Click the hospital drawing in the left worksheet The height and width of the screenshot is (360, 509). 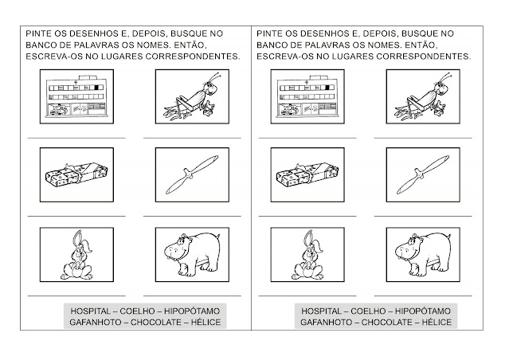[x=76, y=96]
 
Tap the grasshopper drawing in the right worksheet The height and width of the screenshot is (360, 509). [x=422, y=96]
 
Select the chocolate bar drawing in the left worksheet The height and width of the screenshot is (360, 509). [x=76, y=175]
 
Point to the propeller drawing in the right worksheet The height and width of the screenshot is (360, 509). [x=423, y=174]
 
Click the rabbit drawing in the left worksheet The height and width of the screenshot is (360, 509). [x=77, y=255]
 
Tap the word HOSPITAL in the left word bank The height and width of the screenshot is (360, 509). [x=91, y=311]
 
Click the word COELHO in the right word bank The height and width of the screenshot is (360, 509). [x=368, y=311]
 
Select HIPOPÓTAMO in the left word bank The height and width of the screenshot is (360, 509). [x=192, y=311]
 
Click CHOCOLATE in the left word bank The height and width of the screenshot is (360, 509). [x=156, y=323]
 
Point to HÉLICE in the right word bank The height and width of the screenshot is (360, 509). [x=437, y=322]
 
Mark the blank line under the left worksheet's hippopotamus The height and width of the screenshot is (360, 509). [x=192, y=295]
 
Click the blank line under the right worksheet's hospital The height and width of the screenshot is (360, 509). [x=307, y=138]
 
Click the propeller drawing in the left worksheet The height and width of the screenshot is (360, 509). [x=192, y=174]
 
